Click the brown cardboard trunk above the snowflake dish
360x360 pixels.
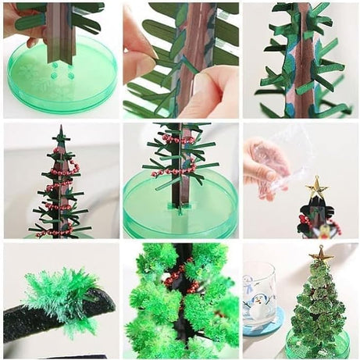[60, 31]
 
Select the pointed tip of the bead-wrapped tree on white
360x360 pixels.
[60, 130]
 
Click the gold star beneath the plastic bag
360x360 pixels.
[316, 187]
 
